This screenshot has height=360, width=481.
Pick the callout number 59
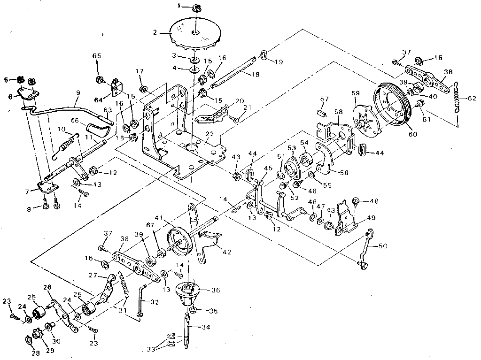[x=356, y=93]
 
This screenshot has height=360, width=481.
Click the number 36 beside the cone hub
[x=216, y=290]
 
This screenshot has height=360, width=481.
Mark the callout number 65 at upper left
[x=97, y=56]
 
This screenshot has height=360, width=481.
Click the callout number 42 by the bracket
[x=227, y=252]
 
